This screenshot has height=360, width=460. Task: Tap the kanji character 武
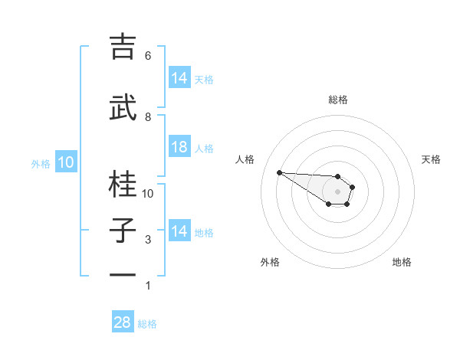pyautogui.click(x=123, y=107)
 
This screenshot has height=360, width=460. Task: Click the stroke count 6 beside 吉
pyautogui.click(x=148, y=56)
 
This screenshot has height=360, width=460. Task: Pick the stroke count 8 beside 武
pyautogui.click(x=148, y=117)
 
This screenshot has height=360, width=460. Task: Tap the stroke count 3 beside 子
pyautogui.click(x=148, y=240)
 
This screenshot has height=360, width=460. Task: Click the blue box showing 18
pyautogui.click(x=179, y=147)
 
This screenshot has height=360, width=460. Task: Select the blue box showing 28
pyautogui.click(x=123, y=322)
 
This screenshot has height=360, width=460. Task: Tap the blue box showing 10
pyautogui.click(x=66, y=162)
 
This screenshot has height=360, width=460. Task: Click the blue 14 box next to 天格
pyautogui.click(x=179, y=78)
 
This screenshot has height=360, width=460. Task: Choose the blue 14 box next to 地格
pyautogui.click(x=179, y=231)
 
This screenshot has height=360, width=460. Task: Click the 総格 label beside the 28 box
pyautogui.click(x=147, y=324)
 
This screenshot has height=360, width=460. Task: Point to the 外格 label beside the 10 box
pyautogui.click(x=41, y=163)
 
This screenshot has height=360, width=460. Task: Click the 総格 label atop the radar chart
pyautogui.click(x=338, y=100)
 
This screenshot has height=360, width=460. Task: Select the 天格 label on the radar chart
pyautogui.click(x=431, y=159)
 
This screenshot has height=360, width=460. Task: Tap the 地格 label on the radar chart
pyautogui.click(x=402, y=262)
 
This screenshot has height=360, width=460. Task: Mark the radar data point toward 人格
pyautogui.click(x=279, y=172)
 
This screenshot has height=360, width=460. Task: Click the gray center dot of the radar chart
pyautogui.click(x=337, y=191)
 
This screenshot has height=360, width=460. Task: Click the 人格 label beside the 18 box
pyautogui.click(x=204, y=149)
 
